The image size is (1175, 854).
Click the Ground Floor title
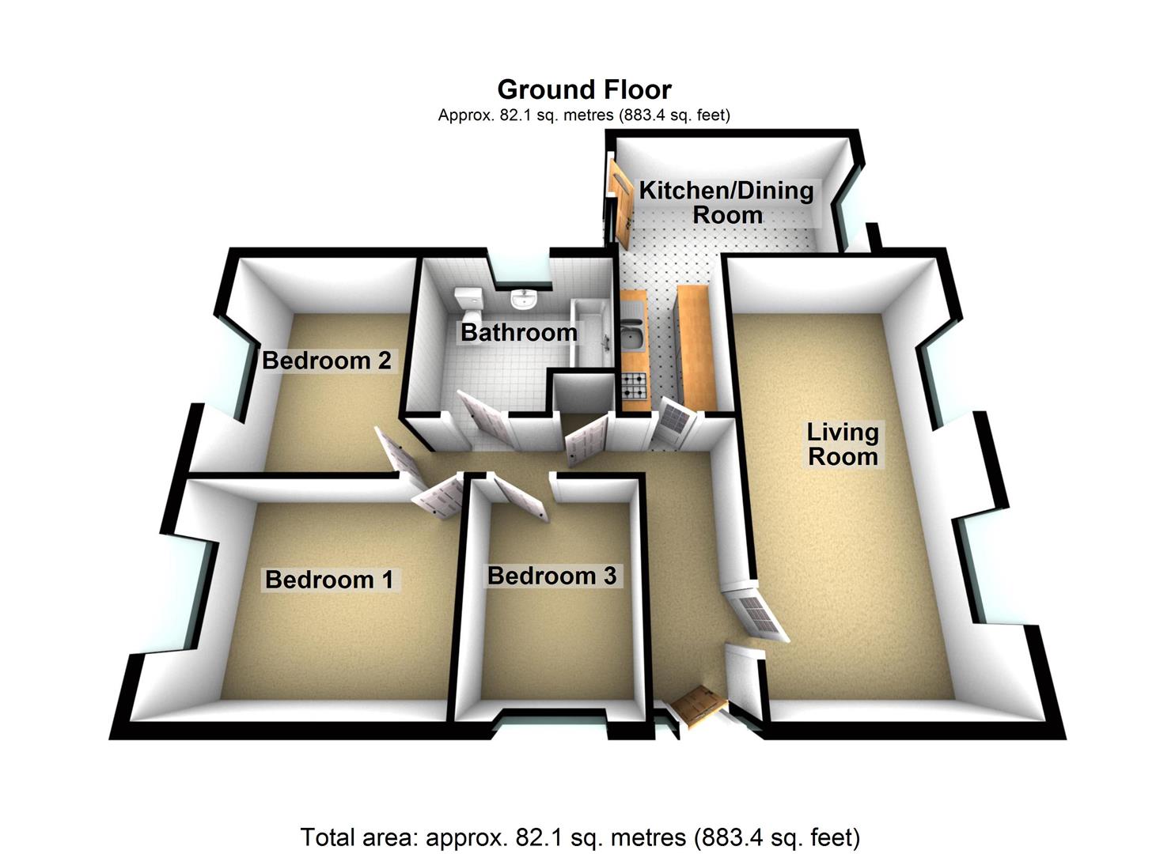(x=584, y=89)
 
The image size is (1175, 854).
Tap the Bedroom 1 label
(x=329, y=580)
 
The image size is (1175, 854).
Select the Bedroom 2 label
(x=326, y=361)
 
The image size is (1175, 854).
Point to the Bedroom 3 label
(x=551, y=576)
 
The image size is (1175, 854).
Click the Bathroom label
(x=518, y=333)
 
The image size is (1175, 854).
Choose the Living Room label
(x=842, y=444)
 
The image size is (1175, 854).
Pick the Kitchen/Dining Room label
(x=726, y=202)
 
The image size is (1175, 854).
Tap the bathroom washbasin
(x=523, y=300)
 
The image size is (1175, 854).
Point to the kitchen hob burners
(x=635, y=386)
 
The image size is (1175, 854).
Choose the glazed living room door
(x=757, y=613)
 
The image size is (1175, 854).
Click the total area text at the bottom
(x=580, y=837)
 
